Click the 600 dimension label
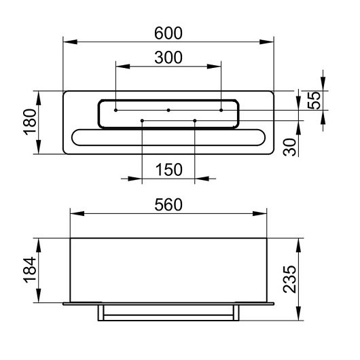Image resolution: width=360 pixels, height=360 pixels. click(x=168, y=33)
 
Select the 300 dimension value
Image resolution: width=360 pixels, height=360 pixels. click(x=168, y=58)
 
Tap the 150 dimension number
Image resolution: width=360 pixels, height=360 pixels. click(x=169, y=170)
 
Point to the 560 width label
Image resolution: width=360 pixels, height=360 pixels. click(x=168, y=205)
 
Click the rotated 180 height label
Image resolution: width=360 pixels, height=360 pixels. click(x=30, y=122)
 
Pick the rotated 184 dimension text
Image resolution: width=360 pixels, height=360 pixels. click(x=30, y=270)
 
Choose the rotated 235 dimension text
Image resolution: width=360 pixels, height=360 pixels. click(x=290, y=279)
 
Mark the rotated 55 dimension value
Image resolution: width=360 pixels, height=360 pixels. click(x=314, y=101)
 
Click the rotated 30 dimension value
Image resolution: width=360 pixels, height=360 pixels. click(x=290, y=147)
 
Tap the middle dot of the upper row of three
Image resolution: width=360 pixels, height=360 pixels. click(x=168, y=110)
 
